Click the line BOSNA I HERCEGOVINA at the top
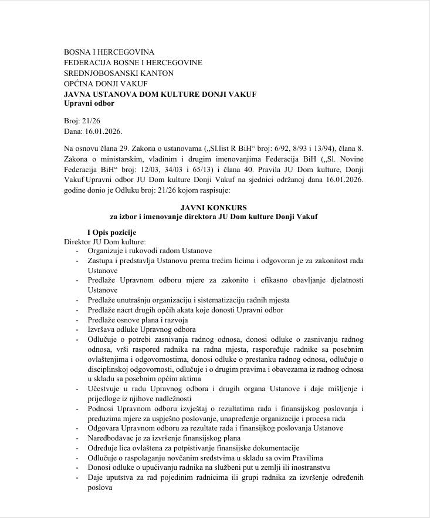click(109, 52)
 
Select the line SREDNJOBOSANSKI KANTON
click(118, 73)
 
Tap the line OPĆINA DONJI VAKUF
click(106, 83)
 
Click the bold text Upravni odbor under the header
click(89, 103)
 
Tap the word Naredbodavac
click(112, 438)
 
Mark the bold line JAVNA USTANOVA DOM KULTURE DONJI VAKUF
click(160, 94)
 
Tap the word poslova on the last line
click(100, 487)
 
